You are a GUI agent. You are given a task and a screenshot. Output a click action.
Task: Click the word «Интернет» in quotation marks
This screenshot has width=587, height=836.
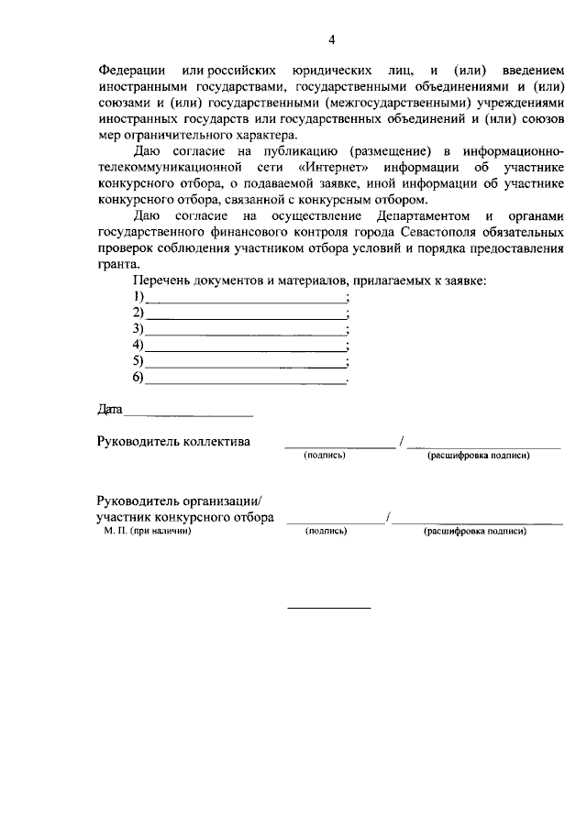click(x=326, y=169)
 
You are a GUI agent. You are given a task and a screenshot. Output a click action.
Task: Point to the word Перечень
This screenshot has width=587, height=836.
click(x=160, y=280)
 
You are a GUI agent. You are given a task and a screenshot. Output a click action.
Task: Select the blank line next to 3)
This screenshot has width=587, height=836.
click(x=245, y=329)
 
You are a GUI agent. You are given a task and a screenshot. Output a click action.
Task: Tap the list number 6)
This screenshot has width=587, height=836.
click(x=138, y=378)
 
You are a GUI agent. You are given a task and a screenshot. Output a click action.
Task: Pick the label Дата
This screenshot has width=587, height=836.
click(x=109, y=409)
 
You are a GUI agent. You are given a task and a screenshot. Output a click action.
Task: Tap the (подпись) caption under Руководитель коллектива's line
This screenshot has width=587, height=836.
click(x=325, y=455)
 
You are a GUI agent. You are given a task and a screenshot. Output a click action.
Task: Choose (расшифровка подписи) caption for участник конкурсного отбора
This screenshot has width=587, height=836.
click(x=474, y=531)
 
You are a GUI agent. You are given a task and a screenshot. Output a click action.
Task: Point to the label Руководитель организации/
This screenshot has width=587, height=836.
click(x=180, y=500)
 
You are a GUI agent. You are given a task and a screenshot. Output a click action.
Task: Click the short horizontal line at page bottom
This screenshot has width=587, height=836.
click(x=330, y=608)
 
